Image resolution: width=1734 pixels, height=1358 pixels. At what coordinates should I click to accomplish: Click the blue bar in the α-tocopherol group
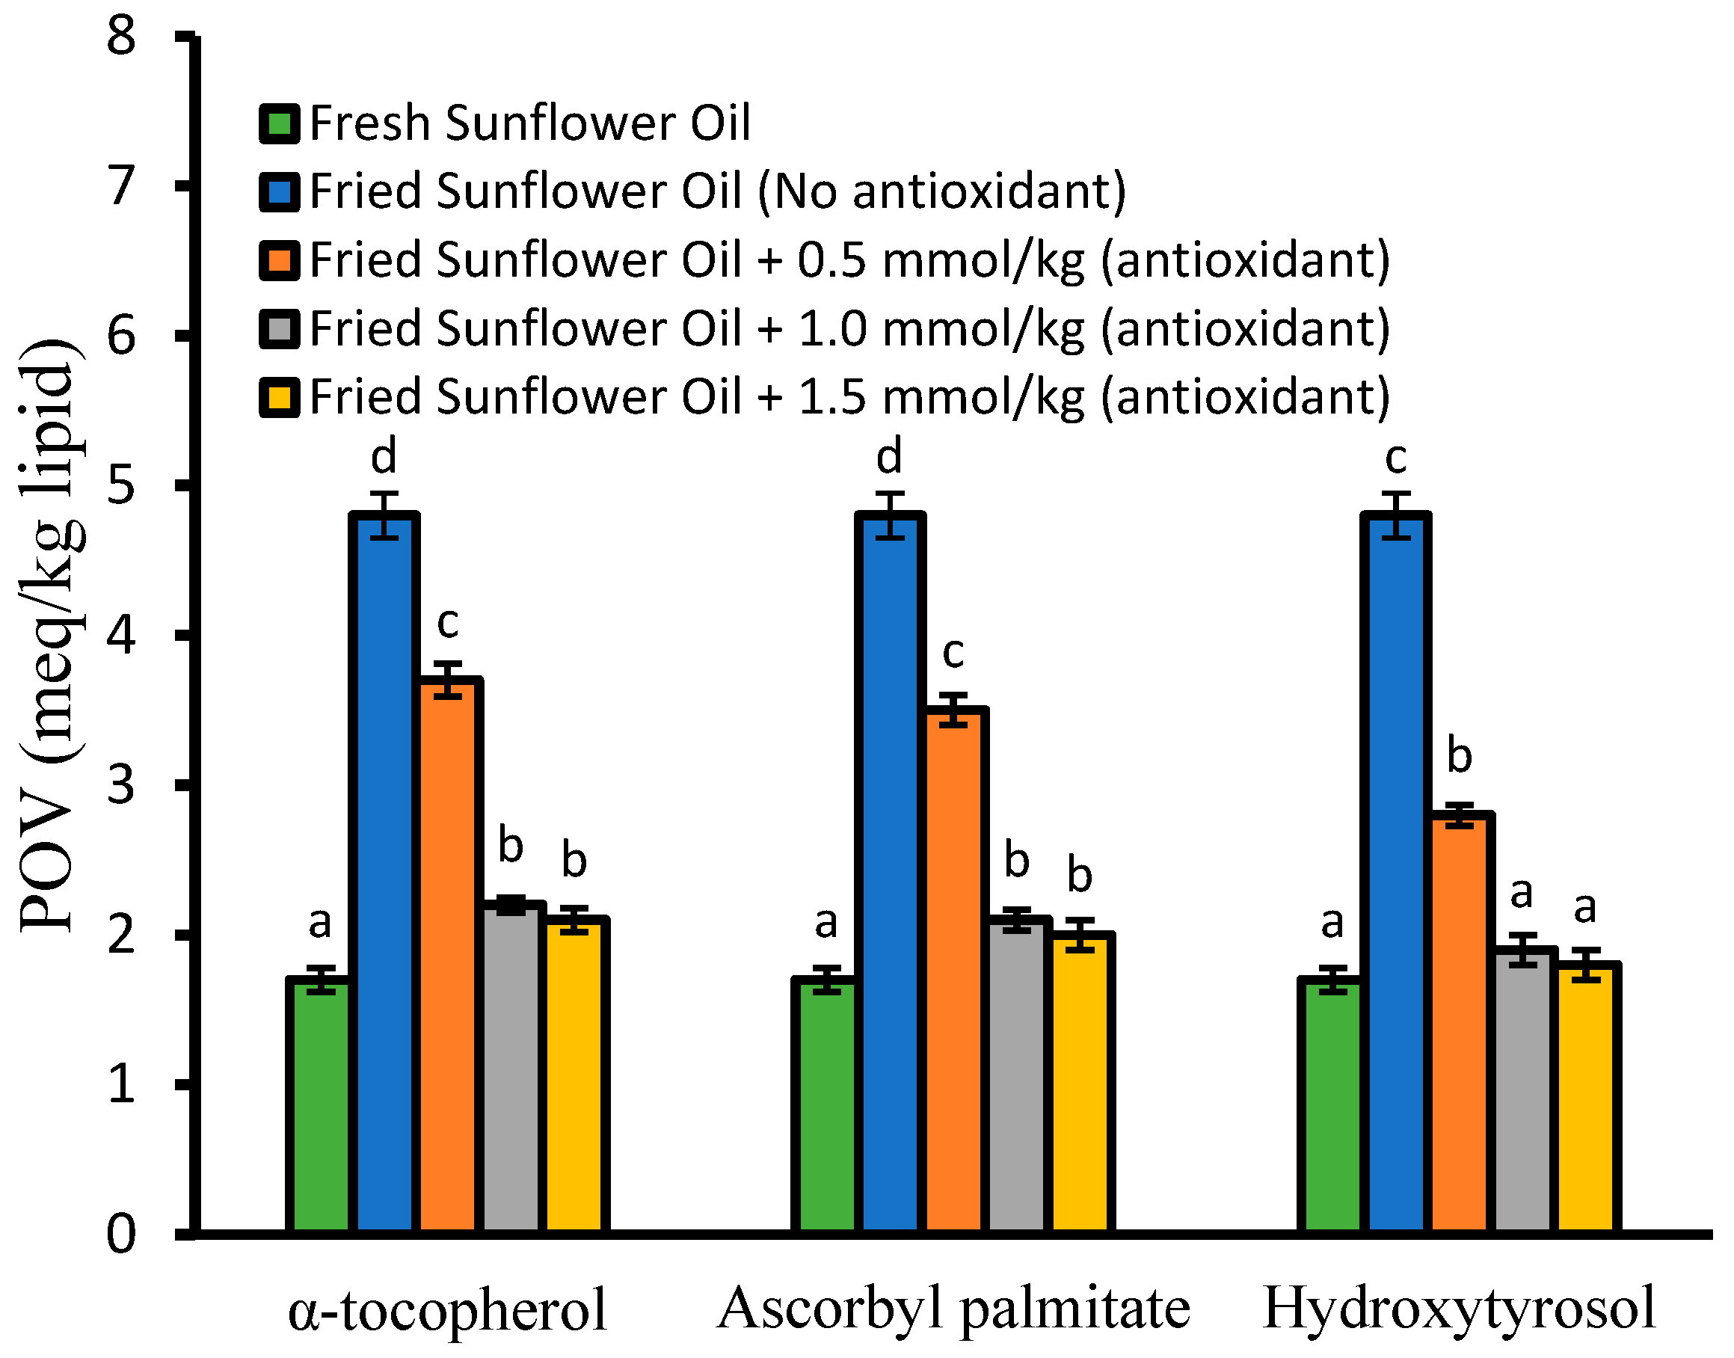coord(385,875)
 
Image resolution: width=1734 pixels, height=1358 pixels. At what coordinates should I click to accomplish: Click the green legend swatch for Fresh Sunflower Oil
coord(279,123)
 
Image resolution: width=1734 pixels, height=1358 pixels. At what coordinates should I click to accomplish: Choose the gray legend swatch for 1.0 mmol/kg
coord(279,328)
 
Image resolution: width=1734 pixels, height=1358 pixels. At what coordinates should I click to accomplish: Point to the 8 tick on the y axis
coord(122,37)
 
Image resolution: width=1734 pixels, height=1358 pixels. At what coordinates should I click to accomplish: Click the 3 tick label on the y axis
coord(122,784)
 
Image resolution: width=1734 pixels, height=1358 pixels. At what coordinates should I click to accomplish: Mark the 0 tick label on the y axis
coord(122,1235)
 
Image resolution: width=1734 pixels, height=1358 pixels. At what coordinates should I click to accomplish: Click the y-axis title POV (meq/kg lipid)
coord(49,636)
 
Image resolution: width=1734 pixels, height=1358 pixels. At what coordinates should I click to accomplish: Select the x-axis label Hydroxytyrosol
coord(1459,1308)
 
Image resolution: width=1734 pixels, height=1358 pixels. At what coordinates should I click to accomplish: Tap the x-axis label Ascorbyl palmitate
coord(953,1308)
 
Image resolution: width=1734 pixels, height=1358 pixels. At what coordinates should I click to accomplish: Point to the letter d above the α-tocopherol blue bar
coord(384,455)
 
